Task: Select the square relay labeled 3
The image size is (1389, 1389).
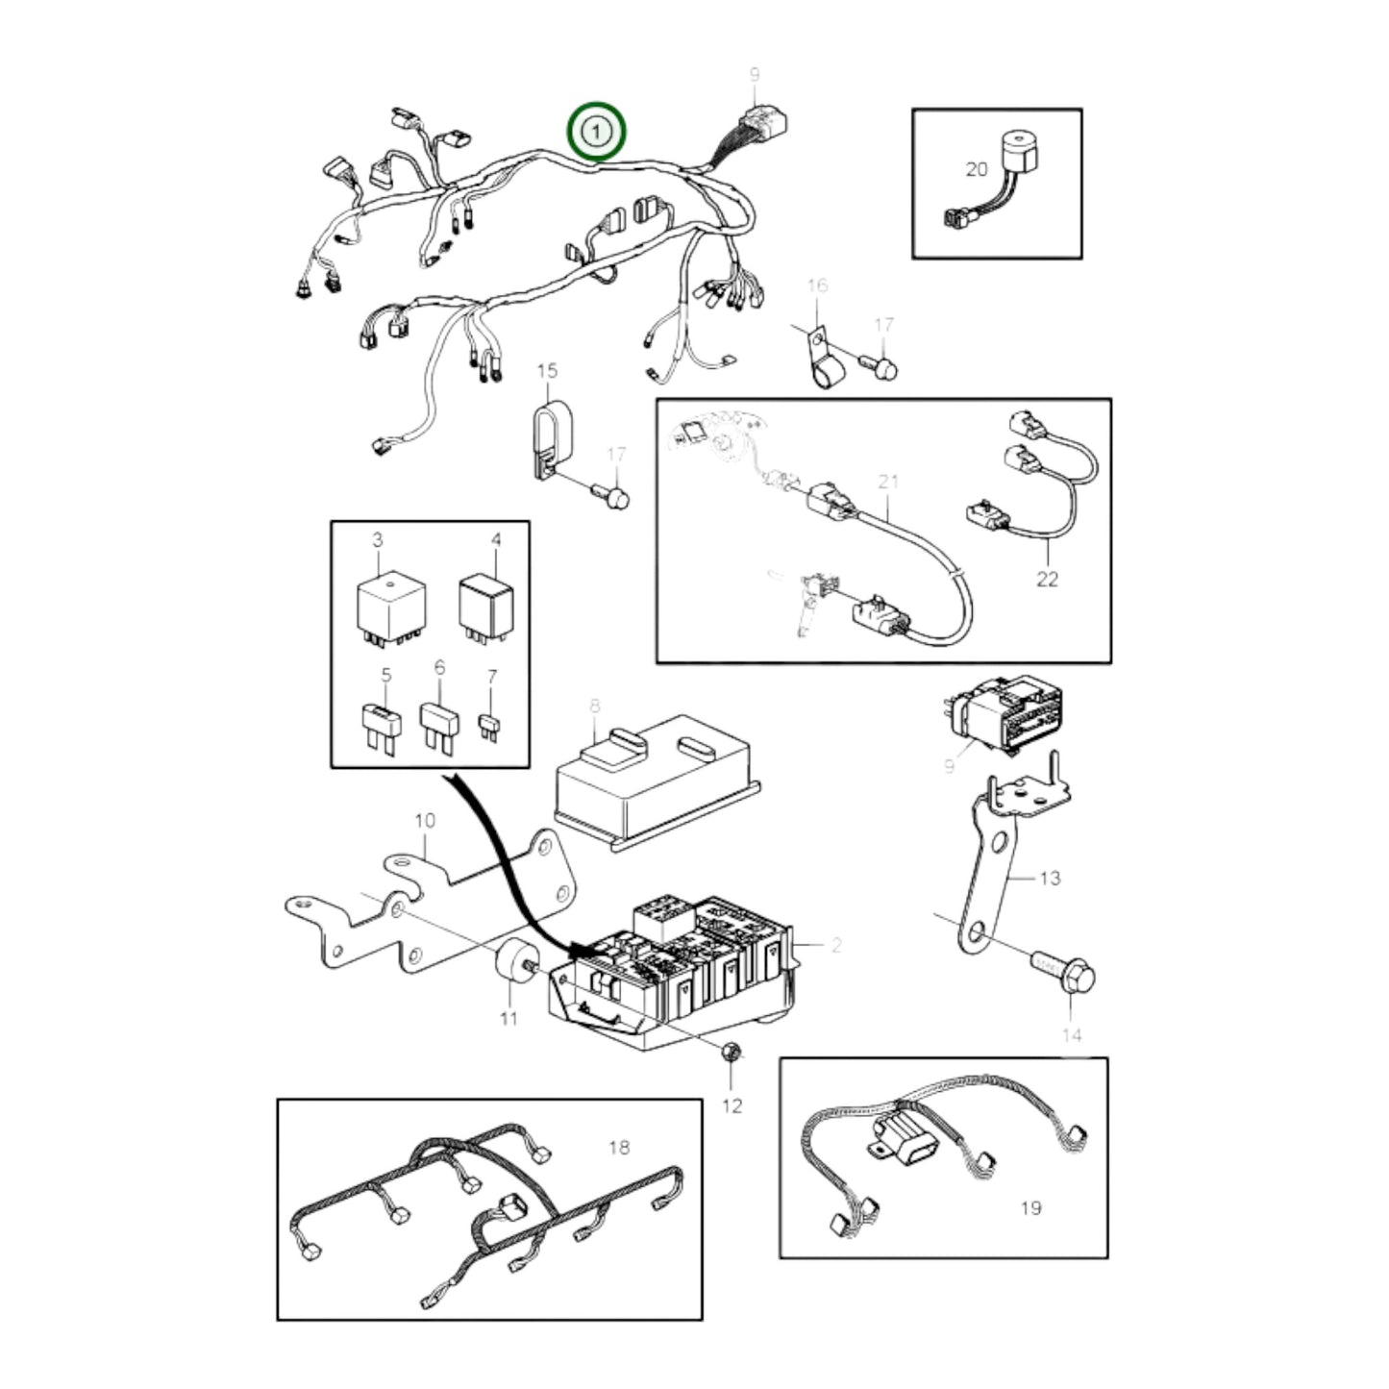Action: pyautogui.click(x=391, y=606)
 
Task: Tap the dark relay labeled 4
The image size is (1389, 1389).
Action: pyautogui.click(x=486, y=604)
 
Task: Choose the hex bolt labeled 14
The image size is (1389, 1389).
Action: pyautogui.click(x=1065, y=974)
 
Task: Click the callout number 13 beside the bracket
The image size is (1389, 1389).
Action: pyautogui.click(x=1050, y=878)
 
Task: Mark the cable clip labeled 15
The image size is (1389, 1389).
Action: pyautogui.click(x=552, y=437)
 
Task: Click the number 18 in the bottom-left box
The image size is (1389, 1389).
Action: pyautogui.click(x=619, y=1147)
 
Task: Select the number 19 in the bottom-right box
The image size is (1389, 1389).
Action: pyautogui.click(x=1030, y=1207)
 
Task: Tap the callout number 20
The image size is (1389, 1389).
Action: pyautogui.click(x=976, y=169)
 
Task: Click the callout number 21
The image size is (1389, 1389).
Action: pyautogui.click(x=887, y=480)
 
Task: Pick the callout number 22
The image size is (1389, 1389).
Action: pyautogui.click(x=1047, y=579)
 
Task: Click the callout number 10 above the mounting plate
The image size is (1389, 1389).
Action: pyautogui.click(x=424, y=820)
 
